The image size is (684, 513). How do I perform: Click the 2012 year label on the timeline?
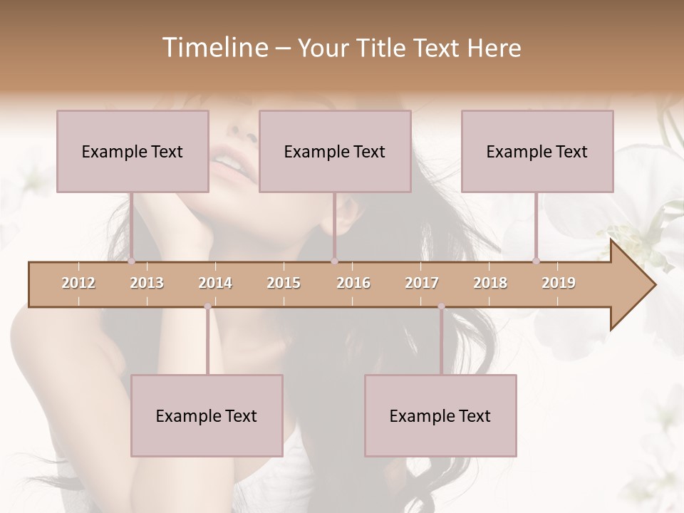point(78,283)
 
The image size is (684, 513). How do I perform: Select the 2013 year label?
point(147,283)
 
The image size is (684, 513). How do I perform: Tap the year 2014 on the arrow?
point(215,283)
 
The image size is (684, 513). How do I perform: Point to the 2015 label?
point(284,283)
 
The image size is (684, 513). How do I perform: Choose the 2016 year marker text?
point(353,283)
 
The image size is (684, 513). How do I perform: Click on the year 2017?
point(422,283)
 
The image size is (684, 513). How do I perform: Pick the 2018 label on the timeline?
point(490,283)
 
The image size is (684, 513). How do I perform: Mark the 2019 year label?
point(559,283)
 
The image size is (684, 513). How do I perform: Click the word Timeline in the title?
point(214,48)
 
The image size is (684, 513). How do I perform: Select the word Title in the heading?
point(383,48)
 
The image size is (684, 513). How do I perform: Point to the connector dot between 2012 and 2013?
point(132,261)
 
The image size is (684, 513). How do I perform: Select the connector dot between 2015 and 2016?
point(334,261)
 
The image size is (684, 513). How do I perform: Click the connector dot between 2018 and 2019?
point(537,261)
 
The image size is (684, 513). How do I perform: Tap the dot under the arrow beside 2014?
point(207,307)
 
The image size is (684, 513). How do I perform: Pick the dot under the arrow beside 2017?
point(441,307)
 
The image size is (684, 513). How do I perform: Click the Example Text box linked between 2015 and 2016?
point(335,151)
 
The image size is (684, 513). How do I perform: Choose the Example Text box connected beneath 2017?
point(440,415)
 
